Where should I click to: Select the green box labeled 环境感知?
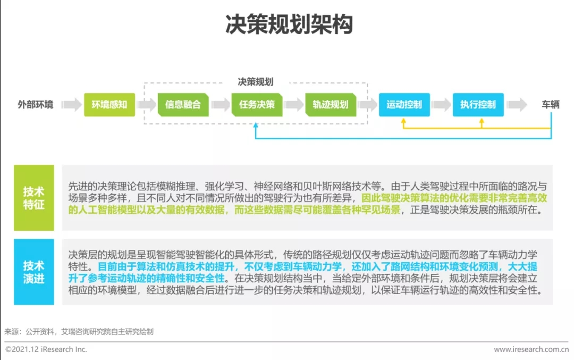click(109, 104)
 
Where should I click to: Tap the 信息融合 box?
click(183, 104)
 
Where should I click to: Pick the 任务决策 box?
click(257, 104)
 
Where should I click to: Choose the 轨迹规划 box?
click(330, 104)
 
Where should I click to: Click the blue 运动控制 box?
click(404, 104)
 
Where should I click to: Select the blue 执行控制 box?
click(477, 104)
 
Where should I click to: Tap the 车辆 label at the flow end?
click(551, 104)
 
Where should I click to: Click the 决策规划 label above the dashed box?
click(256, 82)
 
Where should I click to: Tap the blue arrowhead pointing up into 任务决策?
click(256, 125)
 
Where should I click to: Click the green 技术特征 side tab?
click(34, 198)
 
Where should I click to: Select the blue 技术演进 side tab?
click(34, 272)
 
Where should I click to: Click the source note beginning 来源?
click(79, 331)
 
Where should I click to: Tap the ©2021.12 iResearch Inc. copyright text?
click(46, 349)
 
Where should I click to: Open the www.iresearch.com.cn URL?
click(531, 349)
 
